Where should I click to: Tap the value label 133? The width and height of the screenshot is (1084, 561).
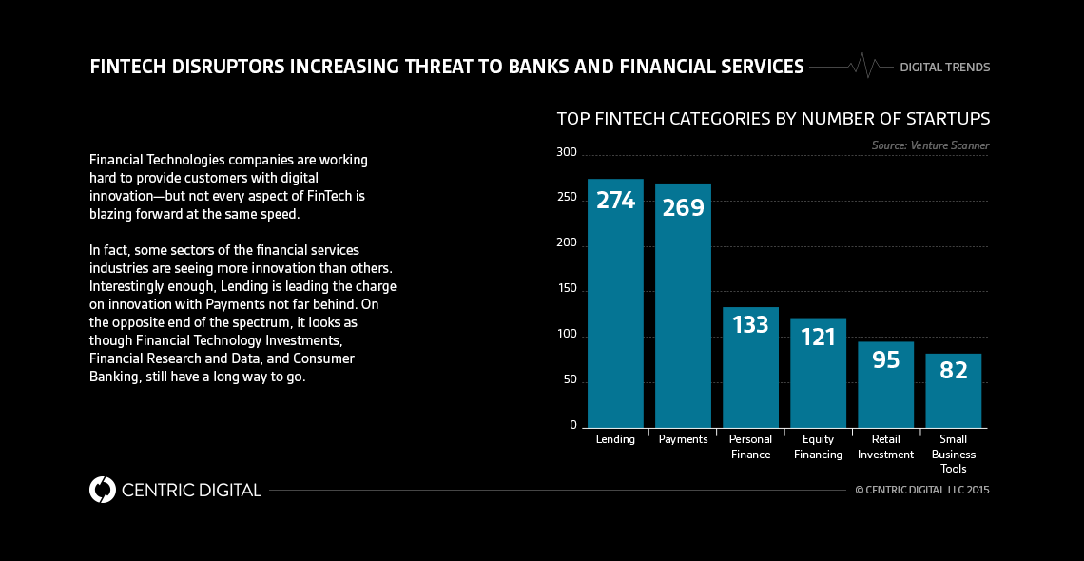(750, 325)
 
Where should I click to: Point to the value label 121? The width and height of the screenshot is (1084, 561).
(818, 337)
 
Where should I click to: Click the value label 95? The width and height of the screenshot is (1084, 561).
(885, 360)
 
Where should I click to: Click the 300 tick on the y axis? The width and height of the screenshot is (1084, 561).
(567, 153)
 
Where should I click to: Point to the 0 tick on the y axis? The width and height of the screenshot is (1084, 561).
(573, 425)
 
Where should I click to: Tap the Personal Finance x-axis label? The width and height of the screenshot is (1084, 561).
(750, 447)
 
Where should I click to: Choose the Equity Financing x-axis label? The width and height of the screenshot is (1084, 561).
(818, 447)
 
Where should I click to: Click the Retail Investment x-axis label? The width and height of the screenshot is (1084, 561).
(885, 447)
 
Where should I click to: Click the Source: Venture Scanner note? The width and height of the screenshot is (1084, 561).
(930, 145)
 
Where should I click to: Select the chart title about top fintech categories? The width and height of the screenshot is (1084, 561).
(773, 119)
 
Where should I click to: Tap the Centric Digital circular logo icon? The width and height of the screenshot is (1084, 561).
(102, 490)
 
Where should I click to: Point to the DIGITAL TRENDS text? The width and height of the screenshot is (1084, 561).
(944, 68)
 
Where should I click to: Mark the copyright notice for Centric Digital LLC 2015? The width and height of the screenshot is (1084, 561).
(921, 491)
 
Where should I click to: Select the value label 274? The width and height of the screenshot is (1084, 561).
(615, 201)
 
